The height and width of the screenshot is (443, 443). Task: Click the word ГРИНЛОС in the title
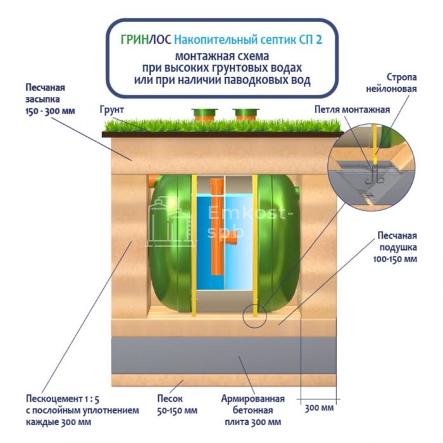click(145, 39)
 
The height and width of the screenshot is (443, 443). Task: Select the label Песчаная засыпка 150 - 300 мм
click(50, 99)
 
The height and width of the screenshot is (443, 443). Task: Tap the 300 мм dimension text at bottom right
click(319, 408)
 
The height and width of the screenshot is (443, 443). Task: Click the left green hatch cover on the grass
click(204, 115)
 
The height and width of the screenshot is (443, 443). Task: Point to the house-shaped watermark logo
click(169, 221)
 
